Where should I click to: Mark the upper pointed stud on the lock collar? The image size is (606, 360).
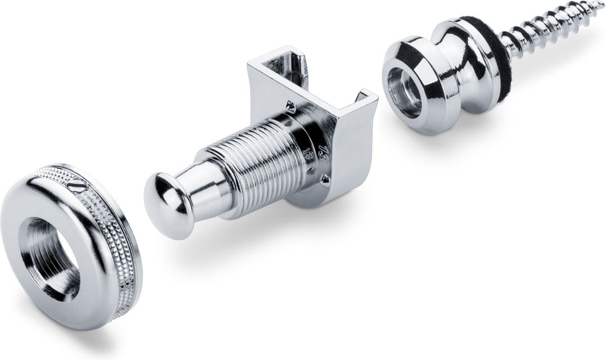pyautogui.click(x=290, y=105)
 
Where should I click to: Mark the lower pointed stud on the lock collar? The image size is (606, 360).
pyautogui.click(x=325, y=179)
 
